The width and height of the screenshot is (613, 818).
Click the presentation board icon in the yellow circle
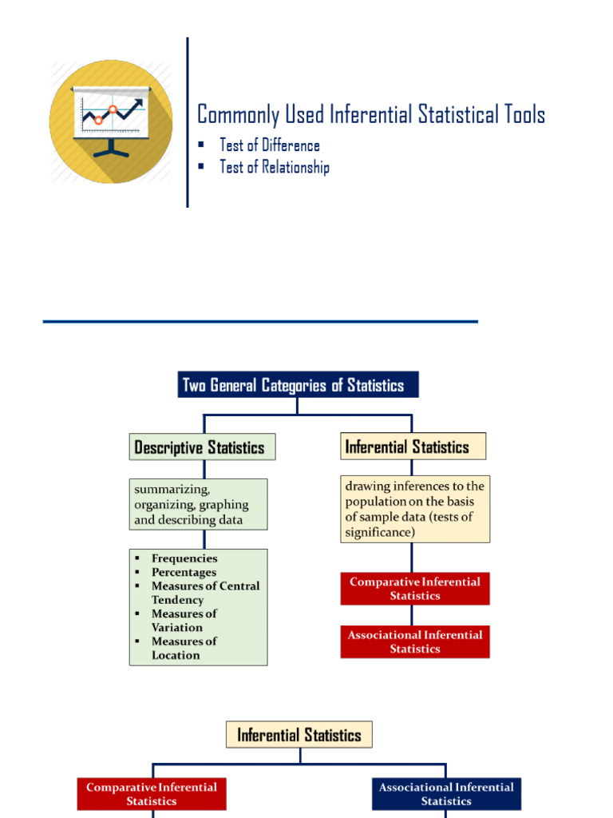coord(110,120)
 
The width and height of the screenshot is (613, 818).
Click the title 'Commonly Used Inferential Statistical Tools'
coord(371,114)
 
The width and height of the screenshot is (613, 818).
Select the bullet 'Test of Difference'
coord(270,145)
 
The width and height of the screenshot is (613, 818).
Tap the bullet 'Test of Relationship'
coord(275,167)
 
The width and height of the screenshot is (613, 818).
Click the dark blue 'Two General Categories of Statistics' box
coord(298,385)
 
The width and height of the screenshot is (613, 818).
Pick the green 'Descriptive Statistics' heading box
coord(202,447)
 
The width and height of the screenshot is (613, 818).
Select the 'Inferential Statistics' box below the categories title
coord(413,447)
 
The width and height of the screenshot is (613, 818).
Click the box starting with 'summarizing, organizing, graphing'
coord(198,504)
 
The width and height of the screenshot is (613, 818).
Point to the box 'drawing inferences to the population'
coord(414,509)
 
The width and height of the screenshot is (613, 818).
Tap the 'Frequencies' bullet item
coord(184,558)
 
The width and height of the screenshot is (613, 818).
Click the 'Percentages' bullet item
coord(184,572)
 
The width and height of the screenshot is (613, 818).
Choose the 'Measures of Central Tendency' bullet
coord(205,593)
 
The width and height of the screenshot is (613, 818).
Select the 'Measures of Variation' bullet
coord(184,621)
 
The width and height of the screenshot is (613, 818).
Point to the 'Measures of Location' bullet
coord(184,648)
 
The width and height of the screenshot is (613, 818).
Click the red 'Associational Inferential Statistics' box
coord(414,641)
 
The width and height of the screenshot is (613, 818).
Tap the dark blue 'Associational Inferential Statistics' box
coord(446,794)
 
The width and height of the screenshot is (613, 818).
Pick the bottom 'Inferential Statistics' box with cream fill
coord(299,735)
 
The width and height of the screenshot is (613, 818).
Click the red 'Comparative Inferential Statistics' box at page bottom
coord(152,794)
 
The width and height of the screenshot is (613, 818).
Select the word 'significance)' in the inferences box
coord(380,531)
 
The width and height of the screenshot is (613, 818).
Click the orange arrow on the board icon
coord(112,109)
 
